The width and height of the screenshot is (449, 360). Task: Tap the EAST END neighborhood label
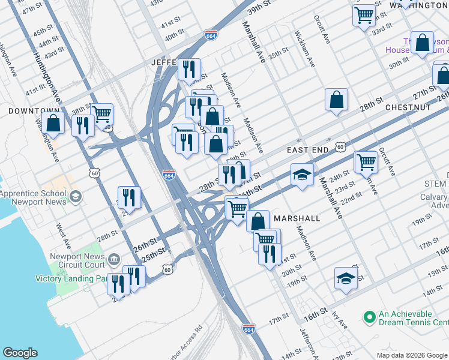click(x=308, y=149)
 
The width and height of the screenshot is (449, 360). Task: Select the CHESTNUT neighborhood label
click(x=408, y=107)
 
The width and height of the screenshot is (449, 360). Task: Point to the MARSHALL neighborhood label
click(x=297, y=218)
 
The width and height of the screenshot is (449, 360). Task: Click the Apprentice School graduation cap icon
click(x=76, y=197)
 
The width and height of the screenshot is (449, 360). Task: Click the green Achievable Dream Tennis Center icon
click(x=369, y=316)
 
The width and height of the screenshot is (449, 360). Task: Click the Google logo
click(x=20, y=353)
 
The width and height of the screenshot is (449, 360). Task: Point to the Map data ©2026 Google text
click(x=411, y=355)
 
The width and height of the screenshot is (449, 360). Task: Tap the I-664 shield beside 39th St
click(x=211, y=35)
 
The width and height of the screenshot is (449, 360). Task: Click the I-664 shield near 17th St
click(x=249, y=329)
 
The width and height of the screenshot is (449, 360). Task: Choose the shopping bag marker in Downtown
click(x=53, y=123)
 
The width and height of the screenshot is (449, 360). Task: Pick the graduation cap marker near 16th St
click(x=346, y=278)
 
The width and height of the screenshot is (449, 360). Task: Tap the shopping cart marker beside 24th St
click(x=366, y=161)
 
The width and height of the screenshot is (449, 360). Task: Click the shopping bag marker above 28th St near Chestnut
click(x=337, y=100)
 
